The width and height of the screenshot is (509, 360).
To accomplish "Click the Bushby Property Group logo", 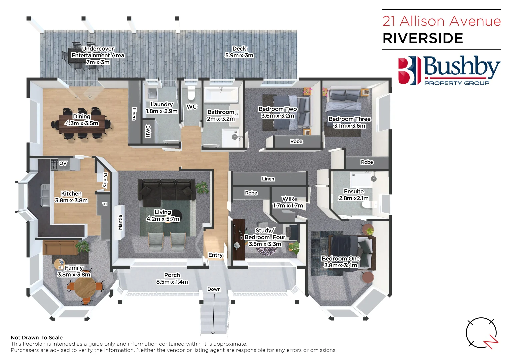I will coord(449,71).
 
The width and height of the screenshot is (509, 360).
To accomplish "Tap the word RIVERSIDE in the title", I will coord(423,38).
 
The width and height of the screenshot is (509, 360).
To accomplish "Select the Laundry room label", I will coord(162,104).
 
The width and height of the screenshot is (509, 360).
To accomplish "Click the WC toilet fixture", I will coord(191,93).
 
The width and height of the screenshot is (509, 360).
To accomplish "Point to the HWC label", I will coord(148,131).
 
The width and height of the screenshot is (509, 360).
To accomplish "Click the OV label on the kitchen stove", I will coord(63,163).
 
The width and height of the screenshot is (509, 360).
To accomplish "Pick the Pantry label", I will coord(105,180).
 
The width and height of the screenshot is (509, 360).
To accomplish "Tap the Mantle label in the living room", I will coord(120,222).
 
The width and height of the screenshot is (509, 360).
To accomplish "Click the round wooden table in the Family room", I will coord(85,288).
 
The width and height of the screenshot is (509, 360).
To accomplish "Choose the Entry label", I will coord(215,255).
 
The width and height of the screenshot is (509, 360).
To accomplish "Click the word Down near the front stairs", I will coord(214,289).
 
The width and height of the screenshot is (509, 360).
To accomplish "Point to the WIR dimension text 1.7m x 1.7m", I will coord(288,206).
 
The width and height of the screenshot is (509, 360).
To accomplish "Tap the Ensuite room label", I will coord(354,191).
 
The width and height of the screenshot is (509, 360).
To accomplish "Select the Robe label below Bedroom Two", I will coord(296,141).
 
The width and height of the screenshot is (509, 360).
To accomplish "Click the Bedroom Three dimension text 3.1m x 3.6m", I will coord(349,126).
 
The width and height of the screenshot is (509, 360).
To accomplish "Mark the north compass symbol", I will coord(482,333).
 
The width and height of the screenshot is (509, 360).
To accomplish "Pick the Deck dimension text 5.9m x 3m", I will coord(239,55).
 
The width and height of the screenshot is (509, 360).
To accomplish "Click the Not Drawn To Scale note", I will coord(37,338).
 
